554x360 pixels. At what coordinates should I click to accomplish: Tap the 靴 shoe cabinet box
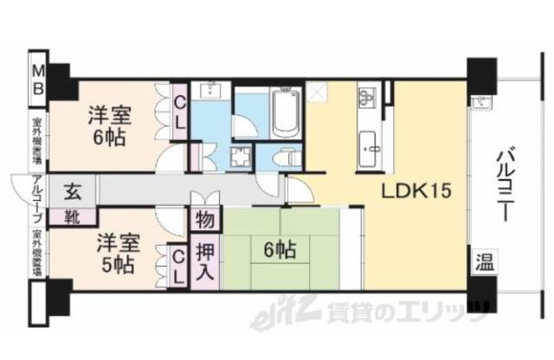point(66,216)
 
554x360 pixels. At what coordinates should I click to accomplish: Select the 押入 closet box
point(204,262)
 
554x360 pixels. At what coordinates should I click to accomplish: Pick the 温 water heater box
point(482,263)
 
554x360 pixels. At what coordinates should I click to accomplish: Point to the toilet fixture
point(285,157)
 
